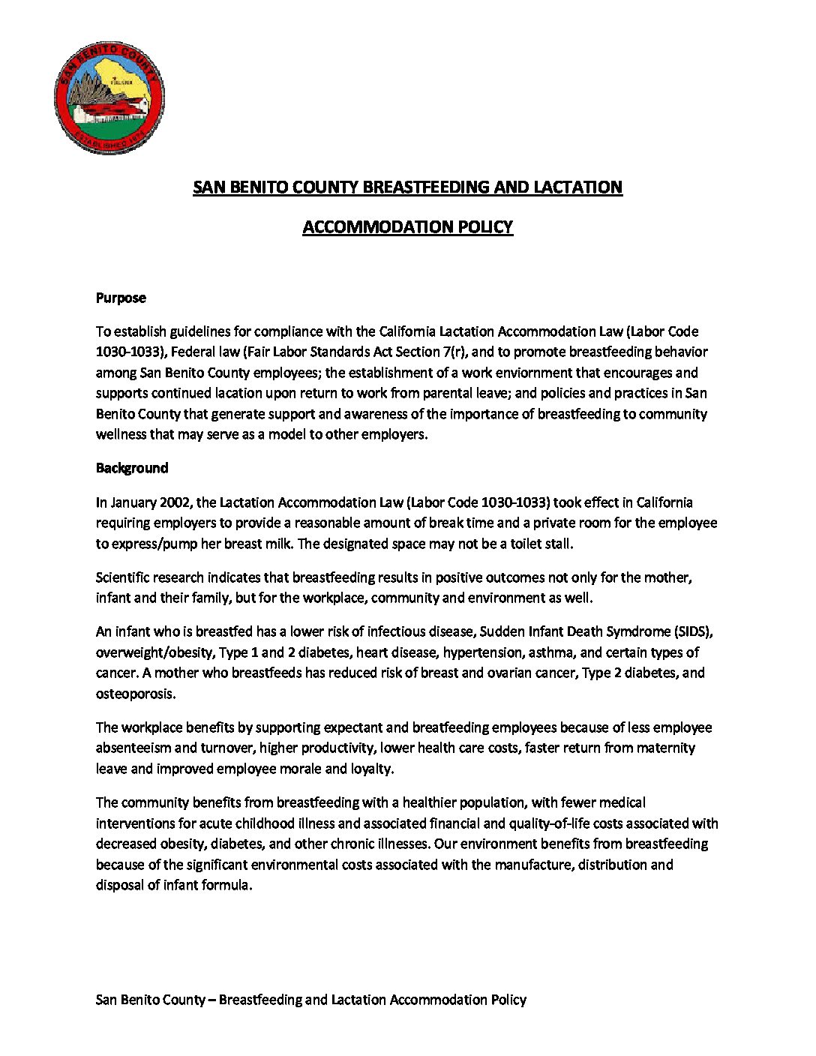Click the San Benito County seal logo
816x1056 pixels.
pyautogui.click(x=109, y=97)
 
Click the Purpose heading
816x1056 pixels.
pyautogui.click(x=121, y=298)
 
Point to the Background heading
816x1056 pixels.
pyautogui.click(x=132, y=468)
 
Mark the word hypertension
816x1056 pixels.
pyautogui.click(x=480, y=652)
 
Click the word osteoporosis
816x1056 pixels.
pyautogui.click(x=135, y=694)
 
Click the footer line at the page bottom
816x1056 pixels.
pyautogui.click(x=310, y=1000)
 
